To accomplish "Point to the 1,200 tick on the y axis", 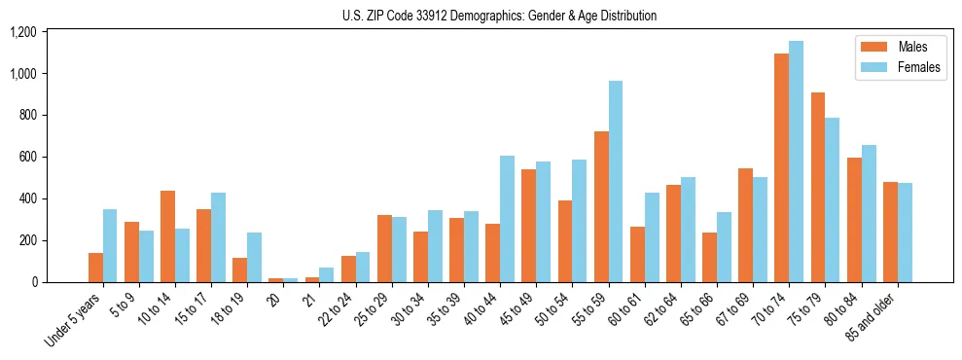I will coord(22,32).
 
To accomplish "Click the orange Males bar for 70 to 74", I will coord(781,167).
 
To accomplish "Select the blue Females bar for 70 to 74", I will coord(796,162).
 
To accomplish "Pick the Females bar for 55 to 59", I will coord(616,182).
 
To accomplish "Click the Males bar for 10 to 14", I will coord(167,236).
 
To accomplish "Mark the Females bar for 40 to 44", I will coord(507,219).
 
